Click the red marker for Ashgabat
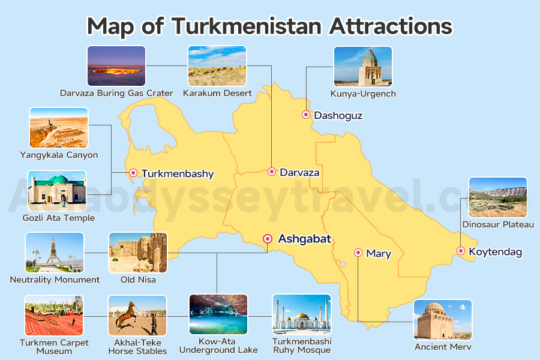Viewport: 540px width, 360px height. (268, 239)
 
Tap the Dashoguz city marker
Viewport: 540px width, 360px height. (305, 115)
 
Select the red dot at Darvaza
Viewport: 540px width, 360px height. (271, 172)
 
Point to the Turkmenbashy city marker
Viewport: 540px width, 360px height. (133, 173)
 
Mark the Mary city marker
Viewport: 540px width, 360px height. (358, 253)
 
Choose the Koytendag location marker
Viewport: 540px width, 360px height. (460, 251)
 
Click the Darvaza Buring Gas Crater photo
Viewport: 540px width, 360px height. (116, 66)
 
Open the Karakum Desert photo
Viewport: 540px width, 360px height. (217, 66)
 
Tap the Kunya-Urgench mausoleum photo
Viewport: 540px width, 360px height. (362, 66)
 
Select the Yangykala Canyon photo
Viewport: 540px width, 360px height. (58, 128)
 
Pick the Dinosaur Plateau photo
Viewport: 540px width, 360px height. (497, 197)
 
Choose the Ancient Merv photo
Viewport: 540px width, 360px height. (443, 320)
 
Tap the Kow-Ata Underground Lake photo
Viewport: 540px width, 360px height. (218, 314)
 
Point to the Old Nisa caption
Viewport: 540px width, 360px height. (137, 280)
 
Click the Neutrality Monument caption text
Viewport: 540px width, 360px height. (55, 280)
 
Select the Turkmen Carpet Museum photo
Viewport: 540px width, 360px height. (53, 316)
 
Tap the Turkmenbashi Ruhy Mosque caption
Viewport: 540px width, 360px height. (301, 346)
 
